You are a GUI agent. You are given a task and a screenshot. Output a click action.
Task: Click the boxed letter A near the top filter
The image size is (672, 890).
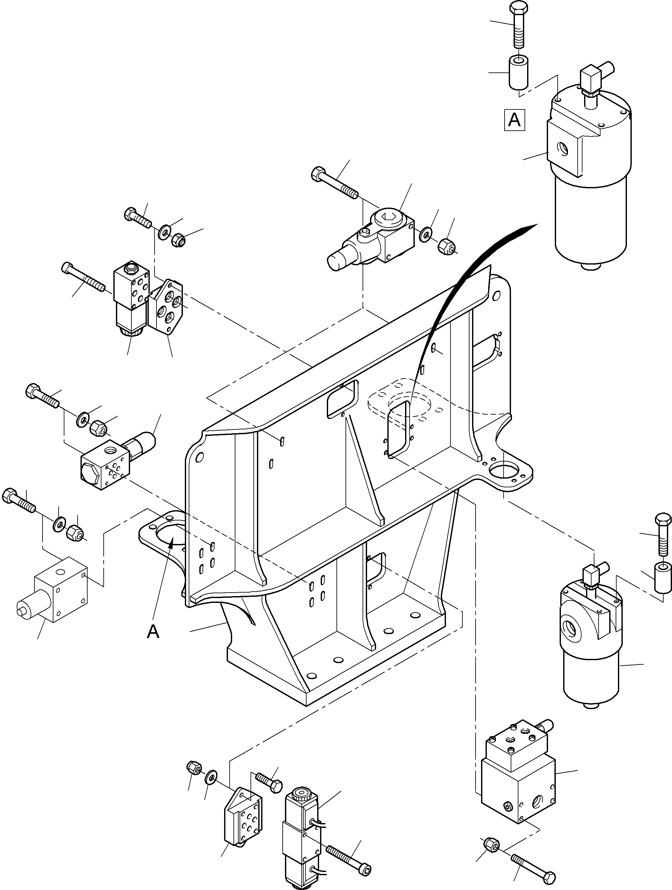pyautogui.click(x=515, y=120)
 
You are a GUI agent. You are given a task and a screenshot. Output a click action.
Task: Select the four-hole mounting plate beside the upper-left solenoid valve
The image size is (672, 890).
pyautogui.click(x=166, y=308)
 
